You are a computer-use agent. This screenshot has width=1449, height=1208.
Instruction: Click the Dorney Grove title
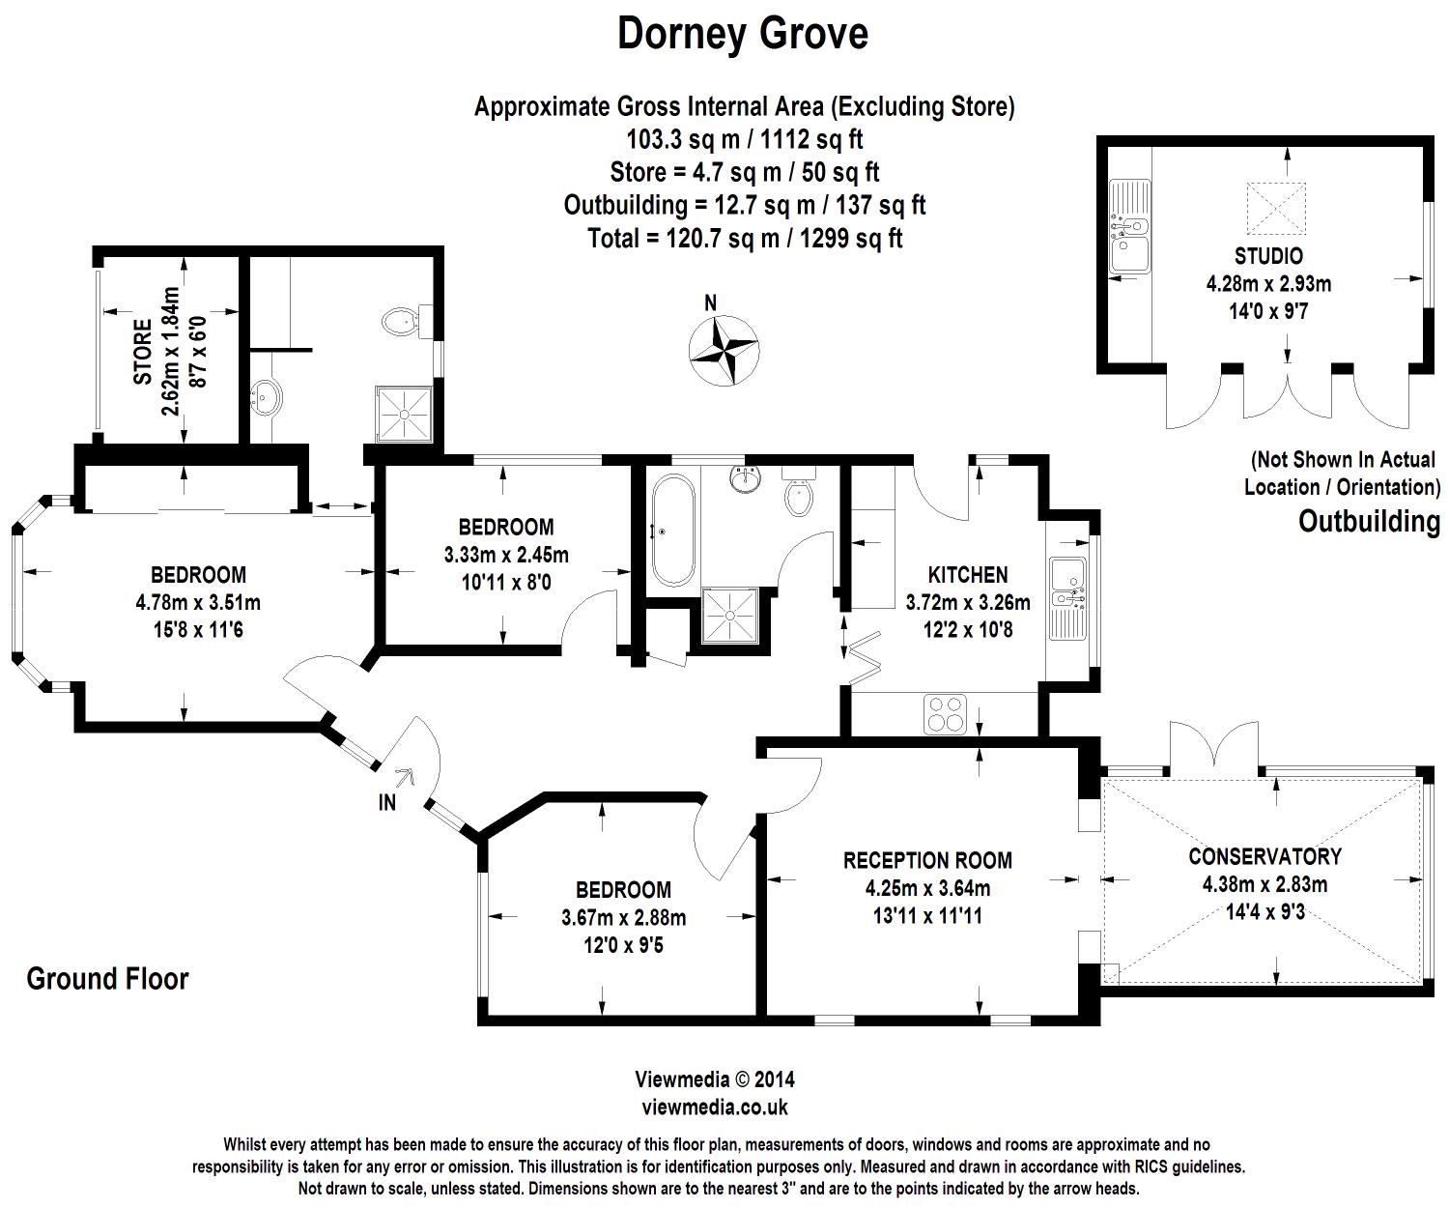(x=742, y=35)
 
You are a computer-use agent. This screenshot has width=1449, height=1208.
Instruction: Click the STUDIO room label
(x=1268, y=256)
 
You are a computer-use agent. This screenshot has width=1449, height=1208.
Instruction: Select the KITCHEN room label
(x=968, y=575)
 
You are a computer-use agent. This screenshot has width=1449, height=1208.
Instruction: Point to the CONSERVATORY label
(x=1264, y=856)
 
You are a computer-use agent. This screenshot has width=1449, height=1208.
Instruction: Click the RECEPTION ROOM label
(x=927, y=860)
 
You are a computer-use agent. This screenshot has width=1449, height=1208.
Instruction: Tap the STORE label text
(x=143, y=353)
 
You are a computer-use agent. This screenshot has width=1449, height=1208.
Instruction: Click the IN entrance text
(x=386, y=802)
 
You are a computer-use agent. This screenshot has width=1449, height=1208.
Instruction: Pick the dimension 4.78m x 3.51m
(x=198, y=603)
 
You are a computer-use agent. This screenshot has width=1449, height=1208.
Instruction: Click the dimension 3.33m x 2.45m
(x=505, y=555)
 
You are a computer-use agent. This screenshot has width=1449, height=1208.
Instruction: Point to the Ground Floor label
(x=107, y=979)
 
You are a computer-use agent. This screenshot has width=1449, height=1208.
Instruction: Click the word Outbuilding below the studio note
(x=1369, y=522)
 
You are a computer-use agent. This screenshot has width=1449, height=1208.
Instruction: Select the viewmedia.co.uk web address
(x=715, y=1107)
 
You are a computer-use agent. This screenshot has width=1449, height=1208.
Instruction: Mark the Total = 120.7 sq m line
(x=745, y=238)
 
